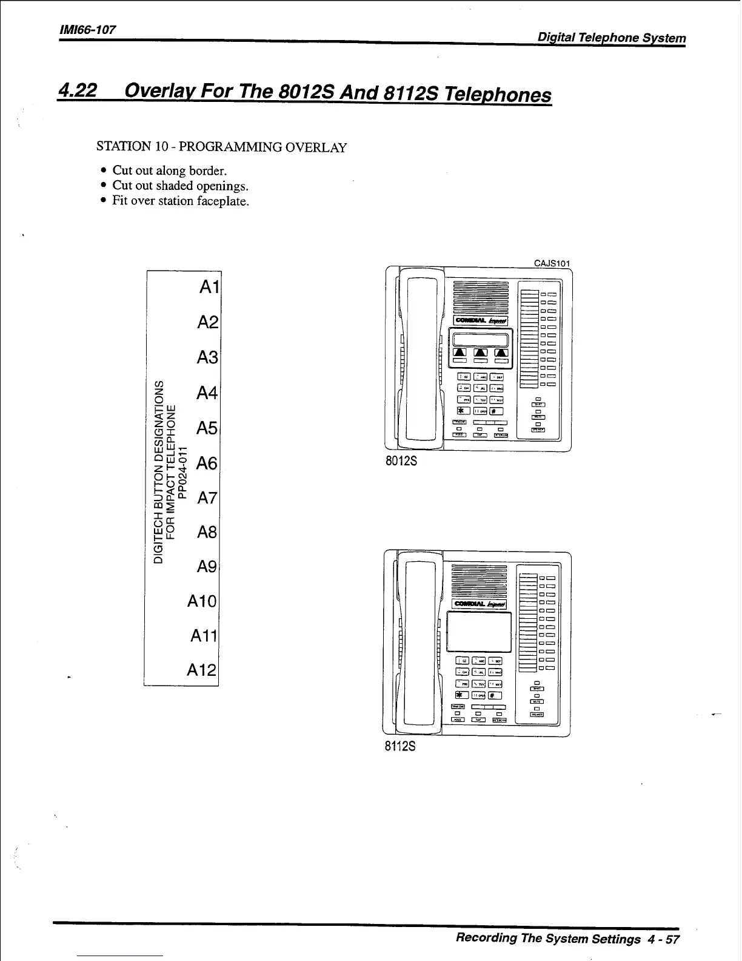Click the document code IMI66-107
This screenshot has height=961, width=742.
87,30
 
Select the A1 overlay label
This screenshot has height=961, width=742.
209,288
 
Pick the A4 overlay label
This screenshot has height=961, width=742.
207,393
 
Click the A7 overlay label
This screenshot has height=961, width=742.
207,498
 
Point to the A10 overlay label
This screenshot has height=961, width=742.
202,601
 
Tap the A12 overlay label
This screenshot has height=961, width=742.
202,670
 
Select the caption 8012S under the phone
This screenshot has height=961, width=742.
401,461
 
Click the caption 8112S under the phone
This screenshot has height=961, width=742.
400,746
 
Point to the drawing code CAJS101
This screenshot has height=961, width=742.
552,263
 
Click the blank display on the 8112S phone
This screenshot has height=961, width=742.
479,630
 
